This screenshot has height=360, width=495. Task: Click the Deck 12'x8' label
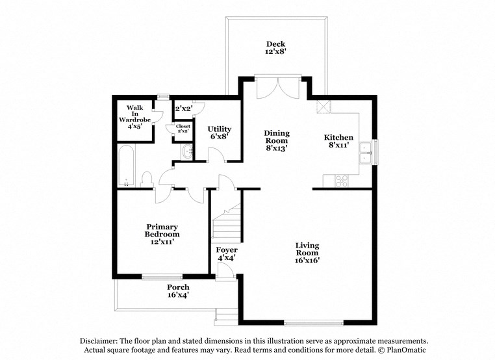pyautogui.click(x=275, y=47)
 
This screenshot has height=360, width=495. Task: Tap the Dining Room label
pyautogui.click(x=276, y=140)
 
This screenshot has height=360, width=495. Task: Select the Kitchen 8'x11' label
pyautogui.click(x=338, y=141)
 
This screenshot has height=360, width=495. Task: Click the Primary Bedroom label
pyautogui.click(x=162, y=234)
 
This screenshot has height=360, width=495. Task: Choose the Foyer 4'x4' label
pyautogui.click(x=227, y=253)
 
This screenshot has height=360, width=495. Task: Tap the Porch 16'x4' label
pyautogui.click(x=178, y=290)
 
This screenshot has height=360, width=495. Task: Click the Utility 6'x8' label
pyautogui.click(x=219, y=133)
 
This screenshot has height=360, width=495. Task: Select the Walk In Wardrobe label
pyautogui.click(x=134, y=117)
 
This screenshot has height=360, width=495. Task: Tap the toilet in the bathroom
pyautogui.click(x=146, y=179)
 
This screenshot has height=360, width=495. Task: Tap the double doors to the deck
pyautogui.click(x=278, y=88)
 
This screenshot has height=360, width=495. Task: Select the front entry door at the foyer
pyautogui.click(x=225, y=274)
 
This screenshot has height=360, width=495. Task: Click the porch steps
pyautogui.click(x=227, y=316)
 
